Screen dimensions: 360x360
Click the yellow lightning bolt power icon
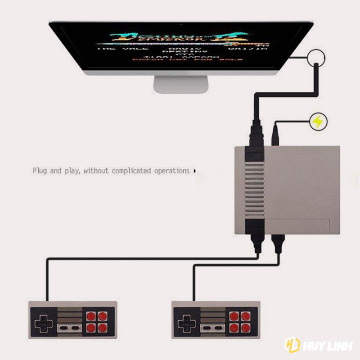(x=318, y=121)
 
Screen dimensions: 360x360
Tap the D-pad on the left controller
(x=42, y=320)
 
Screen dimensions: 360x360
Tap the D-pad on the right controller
(x=186, y=320)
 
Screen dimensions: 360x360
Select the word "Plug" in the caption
(x=40, y=171)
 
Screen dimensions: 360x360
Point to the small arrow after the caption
(x=194, y=171)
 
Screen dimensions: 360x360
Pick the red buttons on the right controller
(x=242, y=320)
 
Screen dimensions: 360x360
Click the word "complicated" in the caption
(x=132, y=171)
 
